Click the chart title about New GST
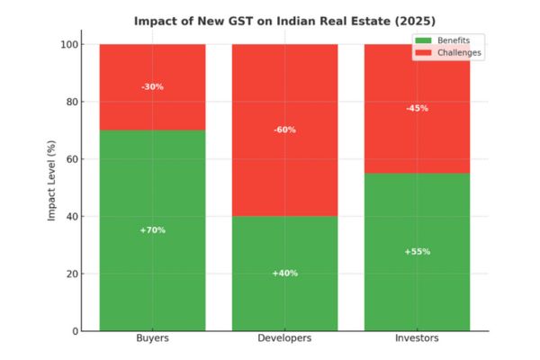[x=284, y=20]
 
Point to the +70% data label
[x=152, y=230]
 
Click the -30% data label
[x=152, y=87]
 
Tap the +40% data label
[x=284, y=273]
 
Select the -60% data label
[x=284, y=130]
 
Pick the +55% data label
[x=417, y=251]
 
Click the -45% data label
[x=417, y=108]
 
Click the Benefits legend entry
[x=446, y=40]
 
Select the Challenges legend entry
[x=453, y=53]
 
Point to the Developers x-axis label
[x=284, y=338]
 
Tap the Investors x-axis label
[x=417, y=338]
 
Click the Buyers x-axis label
[x=152, y=338]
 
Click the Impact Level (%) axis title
[x=51, y=187]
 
